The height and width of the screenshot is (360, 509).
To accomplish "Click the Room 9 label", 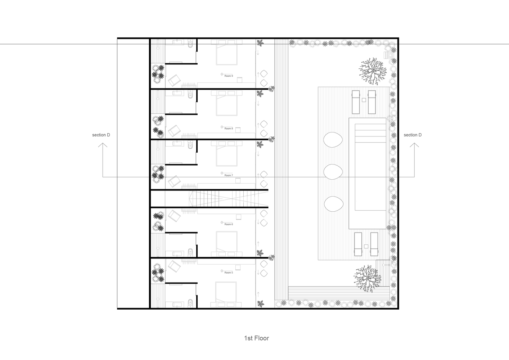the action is (229, 76).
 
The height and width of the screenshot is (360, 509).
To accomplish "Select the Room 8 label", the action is (229, 129).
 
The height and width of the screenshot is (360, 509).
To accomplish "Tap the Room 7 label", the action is (229, 175).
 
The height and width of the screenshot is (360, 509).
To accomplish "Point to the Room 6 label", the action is (229, 224).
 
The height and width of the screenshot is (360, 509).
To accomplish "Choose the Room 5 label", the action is (229, 273).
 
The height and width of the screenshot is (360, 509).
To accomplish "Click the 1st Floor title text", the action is (257, 338).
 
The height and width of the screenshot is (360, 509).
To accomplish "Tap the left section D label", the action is (101, 135).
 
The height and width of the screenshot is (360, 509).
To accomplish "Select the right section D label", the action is (413, 135).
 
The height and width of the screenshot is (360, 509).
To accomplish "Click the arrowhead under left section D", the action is (103, 145).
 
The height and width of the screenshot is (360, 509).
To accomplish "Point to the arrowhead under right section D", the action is (414, 145).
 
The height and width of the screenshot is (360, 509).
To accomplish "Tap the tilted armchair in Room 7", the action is (174, 181).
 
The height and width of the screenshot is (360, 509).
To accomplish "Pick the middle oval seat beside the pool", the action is (333, 172).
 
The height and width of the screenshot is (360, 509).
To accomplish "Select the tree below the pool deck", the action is (367, 279).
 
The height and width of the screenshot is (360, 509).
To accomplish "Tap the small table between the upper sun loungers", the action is (364, 100).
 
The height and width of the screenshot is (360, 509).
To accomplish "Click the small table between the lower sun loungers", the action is (366, 246).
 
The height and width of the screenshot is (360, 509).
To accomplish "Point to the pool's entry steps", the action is (370, 133).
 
